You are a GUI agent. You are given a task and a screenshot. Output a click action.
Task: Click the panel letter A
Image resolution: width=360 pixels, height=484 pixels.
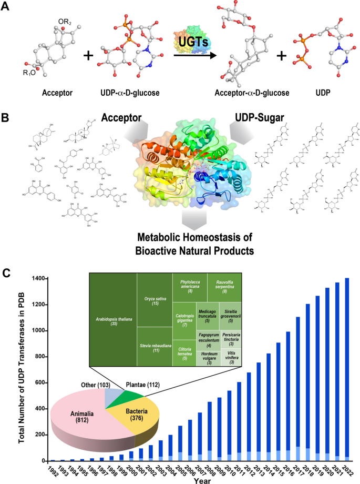pos(7,8)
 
